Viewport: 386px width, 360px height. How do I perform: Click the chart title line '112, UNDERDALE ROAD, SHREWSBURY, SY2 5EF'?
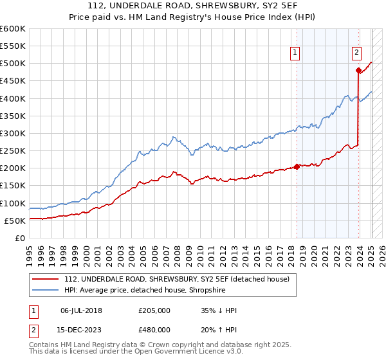(x=193, y=6)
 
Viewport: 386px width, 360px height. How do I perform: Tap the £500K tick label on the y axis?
(x=13, y=64)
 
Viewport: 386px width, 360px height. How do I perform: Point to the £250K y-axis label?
(x=13, y=151)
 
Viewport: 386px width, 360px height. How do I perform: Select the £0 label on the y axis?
(x=19, y=239)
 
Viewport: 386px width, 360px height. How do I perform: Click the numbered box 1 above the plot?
(x=295, y=53)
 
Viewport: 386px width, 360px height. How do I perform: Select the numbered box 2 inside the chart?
(x=356, y=53)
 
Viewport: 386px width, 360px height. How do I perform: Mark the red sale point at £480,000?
(x=358, y=71)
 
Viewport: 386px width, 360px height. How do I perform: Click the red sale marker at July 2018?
(x=297, y=166)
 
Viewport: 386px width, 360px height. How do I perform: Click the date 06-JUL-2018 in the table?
(x=81, y=310)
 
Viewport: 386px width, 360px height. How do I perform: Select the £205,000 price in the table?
(x=154, y=310)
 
